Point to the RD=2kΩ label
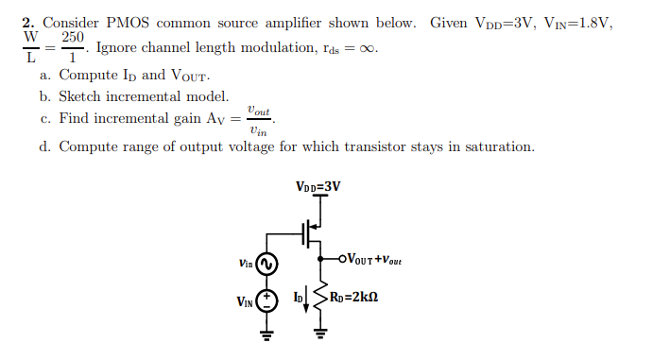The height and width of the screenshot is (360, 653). coord(355,299)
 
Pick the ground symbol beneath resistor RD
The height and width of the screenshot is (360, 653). coord(319,332)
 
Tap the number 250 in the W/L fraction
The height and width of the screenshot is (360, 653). coord(73,37)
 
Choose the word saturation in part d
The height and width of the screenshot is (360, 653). coord(500,146)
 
